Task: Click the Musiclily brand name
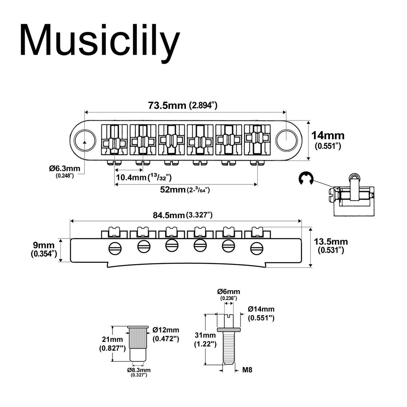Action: point(99,41)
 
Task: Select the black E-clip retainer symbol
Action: point(306,179)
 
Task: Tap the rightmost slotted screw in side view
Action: point(257,248)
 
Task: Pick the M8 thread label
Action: point(247,370)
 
